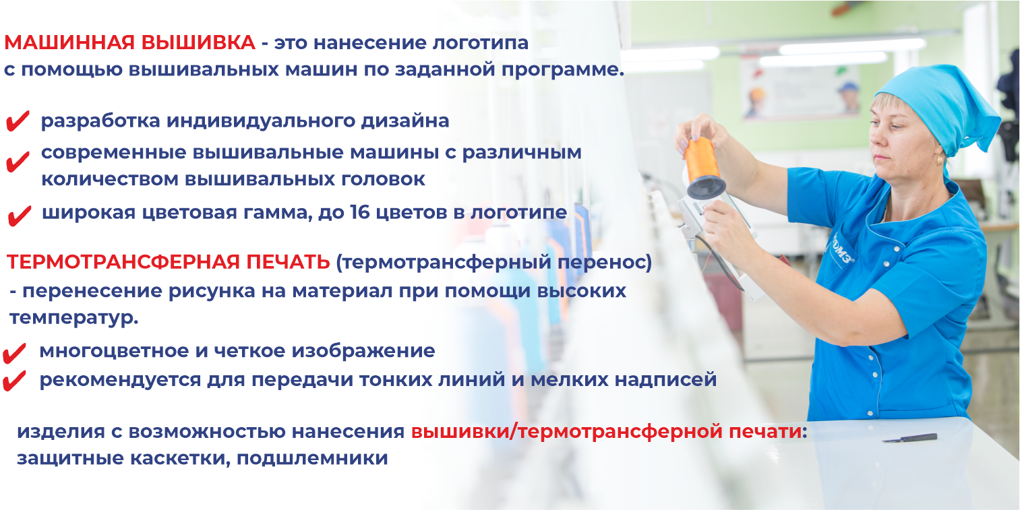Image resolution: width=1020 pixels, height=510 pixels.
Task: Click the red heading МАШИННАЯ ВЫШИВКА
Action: (x=130, y=42)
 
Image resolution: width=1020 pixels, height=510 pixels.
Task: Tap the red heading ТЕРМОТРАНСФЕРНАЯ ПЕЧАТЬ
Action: (x=168, y=262)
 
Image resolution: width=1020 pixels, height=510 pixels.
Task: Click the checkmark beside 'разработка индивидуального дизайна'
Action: (x=18, y=121)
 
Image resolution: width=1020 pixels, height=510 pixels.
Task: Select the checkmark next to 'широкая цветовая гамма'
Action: (x=20, y=216)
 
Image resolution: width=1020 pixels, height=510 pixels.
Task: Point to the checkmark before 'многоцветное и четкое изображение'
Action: (x=14, y=354)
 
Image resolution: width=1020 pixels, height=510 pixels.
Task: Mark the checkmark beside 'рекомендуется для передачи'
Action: (x=14, y=381)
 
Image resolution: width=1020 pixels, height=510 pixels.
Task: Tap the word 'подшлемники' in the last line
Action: (x=312, y=458)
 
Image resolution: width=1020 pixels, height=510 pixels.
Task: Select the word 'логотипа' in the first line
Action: (x=480, y=43)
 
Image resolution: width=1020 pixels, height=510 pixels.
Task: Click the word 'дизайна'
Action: (x=405, y=121)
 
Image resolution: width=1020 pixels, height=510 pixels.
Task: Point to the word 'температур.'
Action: (x=73, y=317)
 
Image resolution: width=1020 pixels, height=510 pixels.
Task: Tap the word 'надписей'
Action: (x=666, y=380)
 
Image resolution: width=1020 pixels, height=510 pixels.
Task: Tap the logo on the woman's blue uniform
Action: (x=843, y=250)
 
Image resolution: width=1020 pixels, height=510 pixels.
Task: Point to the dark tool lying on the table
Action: (x=910, y=438)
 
